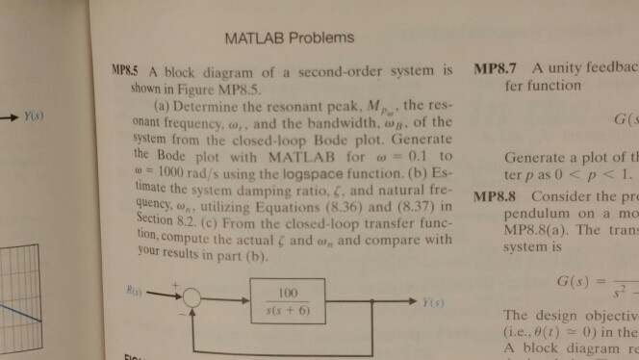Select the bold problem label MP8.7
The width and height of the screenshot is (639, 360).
[x=498, y=70]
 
